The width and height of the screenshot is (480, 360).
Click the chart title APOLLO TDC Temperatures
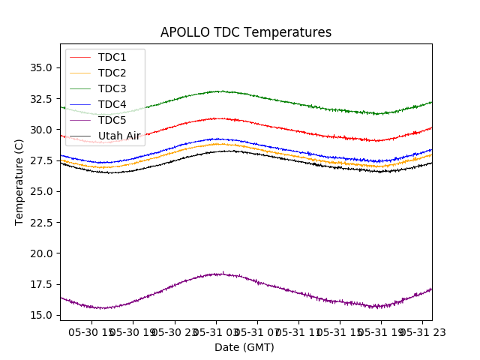pos(246,33)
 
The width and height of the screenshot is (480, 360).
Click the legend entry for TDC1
pos(112,57)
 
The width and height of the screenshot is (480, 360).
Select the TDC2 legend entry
pos(112,73)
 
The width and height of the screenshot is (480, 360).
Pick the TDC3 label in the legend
pos(112,88)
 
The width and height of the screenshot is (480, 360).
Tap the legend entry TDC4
pos(112,104)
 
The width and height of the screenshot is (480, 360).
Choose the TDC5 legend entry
pos(112,120)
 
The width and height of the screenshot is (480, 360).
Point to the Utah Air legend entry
pos(119,136)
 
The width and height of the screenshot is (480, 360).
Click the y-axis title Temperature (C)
pos(19,182)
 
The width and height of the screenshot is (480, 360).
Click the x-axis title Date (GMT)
pos(244,347)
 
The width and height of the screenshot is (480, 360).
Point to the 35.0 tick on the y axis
pos(40,67)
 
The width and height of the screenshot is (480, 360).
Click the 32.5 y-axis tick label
pos(40,99)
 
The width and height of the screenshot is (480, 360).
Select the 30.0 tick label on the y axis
pos(40,130)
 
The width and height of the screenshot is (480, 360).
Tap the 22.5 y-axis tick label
pos(40,222)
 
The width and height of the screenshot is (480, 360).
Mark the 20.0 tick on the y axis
pos(40,253)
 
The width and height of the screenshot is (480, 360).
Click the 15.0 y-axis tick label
pos(40,315)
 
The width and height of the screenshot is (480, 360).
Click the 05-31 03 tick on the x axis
pos(217,331)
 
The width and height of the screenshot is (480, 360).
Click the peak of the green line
pos(217,91)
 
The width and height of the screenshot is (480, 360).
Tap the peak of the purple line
pos(222,273)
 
